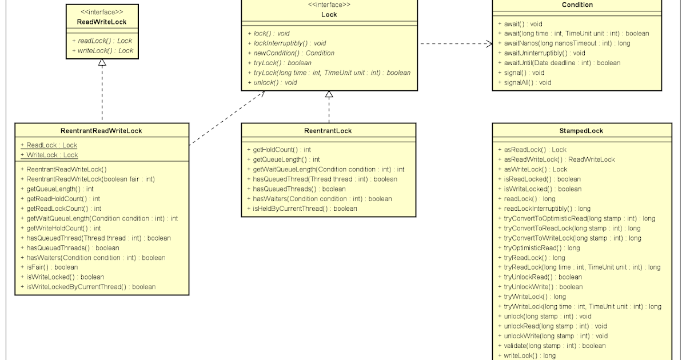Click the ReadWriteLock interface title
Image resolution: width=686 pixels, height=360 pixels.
102,22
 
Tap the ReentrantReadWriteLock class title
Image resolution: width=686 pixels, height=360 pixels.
102,131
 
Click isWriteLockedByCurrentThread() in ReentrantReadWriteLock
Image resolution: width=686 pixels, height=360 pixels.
91,286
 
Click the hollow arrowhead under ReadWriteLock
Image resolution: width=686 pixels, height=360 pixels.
102,63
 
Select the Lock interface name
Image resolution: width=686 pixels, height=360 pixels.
329,14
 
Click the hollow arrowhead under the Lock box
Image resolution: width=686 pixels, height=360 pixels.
329,95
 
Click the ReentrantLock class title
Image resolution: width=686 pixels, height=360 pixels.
328,131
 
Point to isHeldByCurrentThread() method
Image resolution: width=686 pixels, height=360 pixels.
305,209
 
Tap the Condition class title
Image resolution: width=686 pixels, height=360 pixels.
577,5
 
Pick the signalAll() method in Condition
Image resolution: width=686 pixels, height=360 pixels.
527,82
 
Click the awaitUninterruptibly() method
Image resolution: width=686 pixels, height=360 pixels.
544,53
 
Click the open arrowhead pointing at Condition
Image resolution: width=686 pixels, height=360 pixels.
489,43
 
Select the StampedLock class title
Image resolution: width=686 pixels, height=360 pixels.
581,131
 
